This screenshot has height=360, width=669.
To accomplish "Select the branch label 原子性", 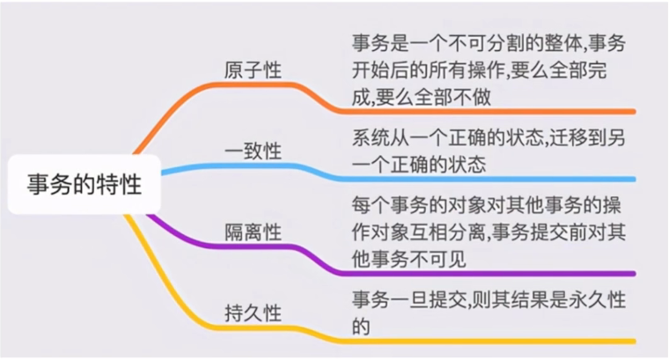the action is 254,70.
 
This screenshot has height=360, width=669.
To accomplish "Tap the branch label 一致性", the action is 254,151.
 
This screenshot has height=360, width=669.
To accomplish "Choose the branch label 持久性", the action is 254,312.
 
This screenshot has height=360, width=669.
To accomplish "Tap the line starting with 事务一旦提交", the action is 488,299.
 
